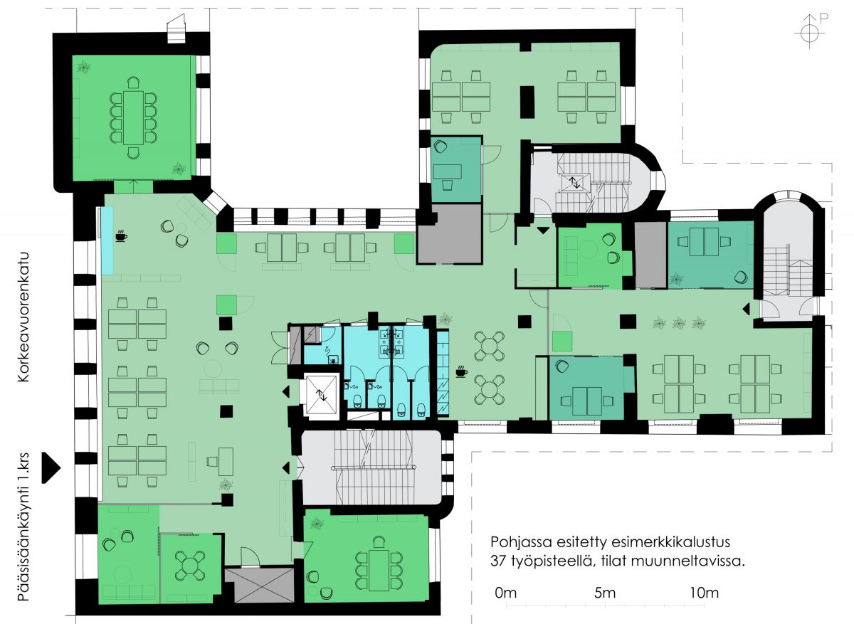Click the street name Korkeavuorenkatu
23,317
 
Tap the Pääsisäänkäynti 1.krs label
23,527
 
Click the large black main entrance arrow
51,467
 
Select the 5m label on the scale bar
605,593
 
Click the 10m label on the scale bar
704,593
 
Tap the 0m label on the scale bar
506,593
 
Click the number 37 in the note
498,561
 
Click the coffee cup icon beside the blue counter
121,236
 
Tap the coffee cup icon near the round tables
462,371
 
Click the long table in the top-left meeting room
133,117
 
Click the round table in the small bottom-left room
189,564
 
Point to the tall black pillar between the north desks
527,102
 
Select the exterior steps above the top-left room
176,29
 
